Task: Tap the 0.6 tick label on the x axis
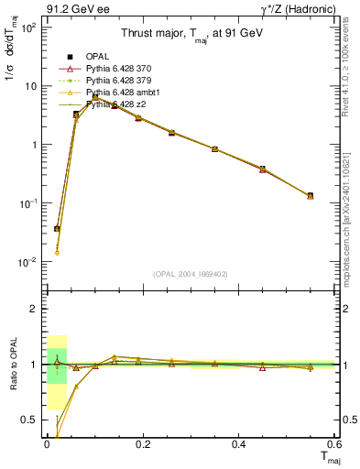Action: click(x=333, y=444)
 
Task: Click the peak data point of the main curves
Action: click(x=95, y=97)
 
